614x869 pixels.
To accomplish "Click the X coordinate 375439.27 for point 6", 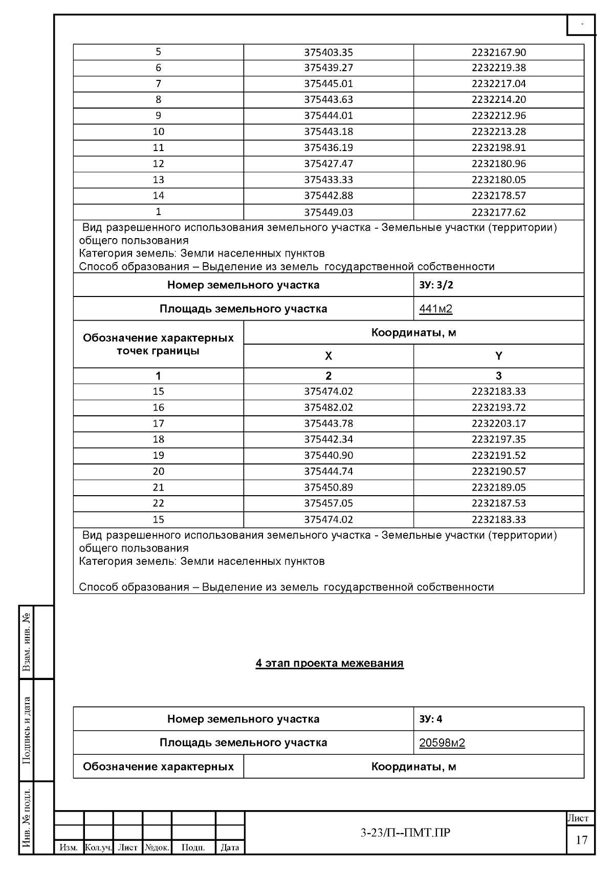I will pos(328,68).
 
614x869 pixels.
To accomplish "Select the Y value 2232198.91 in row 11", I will pos(498,148).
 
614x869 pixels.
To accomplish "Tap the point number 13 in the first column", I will pos(158,180).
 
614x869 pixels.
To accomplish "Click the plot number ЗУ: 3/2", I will pos(436,285).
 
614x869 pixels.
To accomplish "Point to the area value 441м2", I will pos(435,309).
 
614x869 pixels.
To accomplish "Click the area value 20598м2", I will pos(442,743).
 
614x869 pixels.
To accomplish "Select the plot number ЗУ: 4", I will pos(430,719).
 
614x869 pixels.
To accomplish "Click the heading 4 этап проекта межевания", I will pos(330,664).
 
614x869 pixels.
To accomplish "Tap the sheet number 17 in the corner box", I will pos(581,840).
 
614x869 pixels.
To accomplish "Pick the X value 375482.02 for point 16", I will pos(328,408).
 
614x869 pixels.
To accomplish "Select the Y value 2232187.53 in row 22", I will pos(498,503).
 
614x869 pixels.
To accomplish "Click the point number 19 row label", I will pos(158,455).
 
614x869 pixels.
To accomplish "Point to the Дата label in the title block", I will pos(230,847).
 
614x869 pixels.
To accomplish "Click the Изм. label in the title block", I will pos(69,847).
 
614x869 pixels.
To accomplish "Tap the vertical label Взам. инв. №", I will pos(27,642).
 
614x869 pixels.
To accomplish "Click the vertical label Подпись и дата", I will pos(27,730).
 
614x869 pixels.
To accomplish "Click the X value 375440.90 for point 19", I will pos(328,455).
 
